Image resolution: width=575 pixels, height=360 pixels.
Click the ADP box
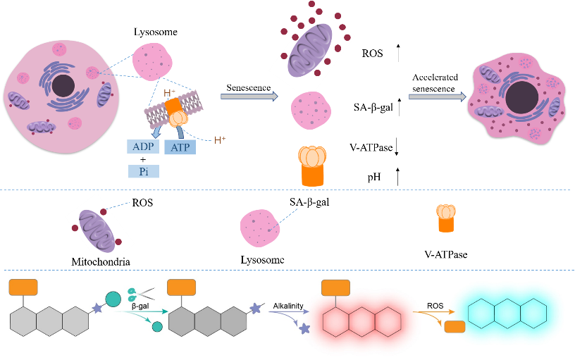(144, 147)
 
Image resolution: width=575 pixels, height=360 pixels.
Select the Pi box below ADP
(144, 170)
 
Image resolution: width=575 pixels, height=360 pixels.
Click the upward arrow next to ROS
(398, 52)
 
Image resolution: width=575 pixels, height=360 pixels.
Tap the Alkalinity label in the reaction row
(290, 306)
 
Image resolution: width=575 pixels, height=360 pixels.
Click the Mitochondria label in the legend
(101, 262)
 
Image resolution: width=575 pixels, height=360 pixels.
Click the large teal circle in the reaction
(113, 299)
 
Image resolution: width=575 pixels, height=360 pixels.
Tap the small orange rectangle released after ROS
(455, 328)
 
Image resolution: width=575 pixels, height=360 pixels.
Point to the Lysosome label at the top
(155, 32)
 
